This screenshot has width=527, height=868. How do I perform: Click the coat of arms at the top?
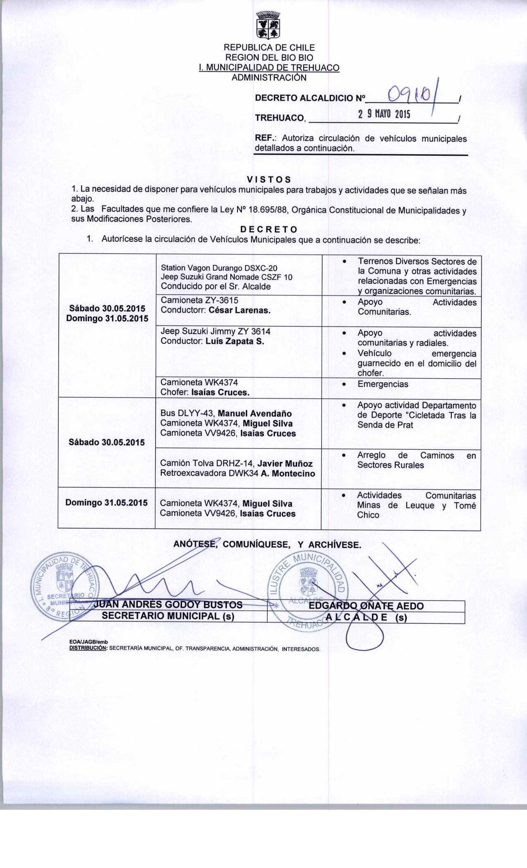click(268, 25)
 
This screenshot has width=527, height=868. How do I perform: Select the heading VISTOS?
click(269, 179)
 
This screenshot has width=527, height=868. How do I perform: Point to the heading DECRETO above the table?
click(269, 229)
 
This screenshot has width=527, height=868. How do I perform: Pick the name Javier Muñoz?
click(285, 464)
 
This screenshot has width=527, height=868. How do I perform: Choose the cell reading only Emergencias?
click(383, 384)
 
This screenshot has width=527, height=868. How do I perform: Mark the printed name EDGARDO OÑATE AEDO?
click(366, 606)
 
